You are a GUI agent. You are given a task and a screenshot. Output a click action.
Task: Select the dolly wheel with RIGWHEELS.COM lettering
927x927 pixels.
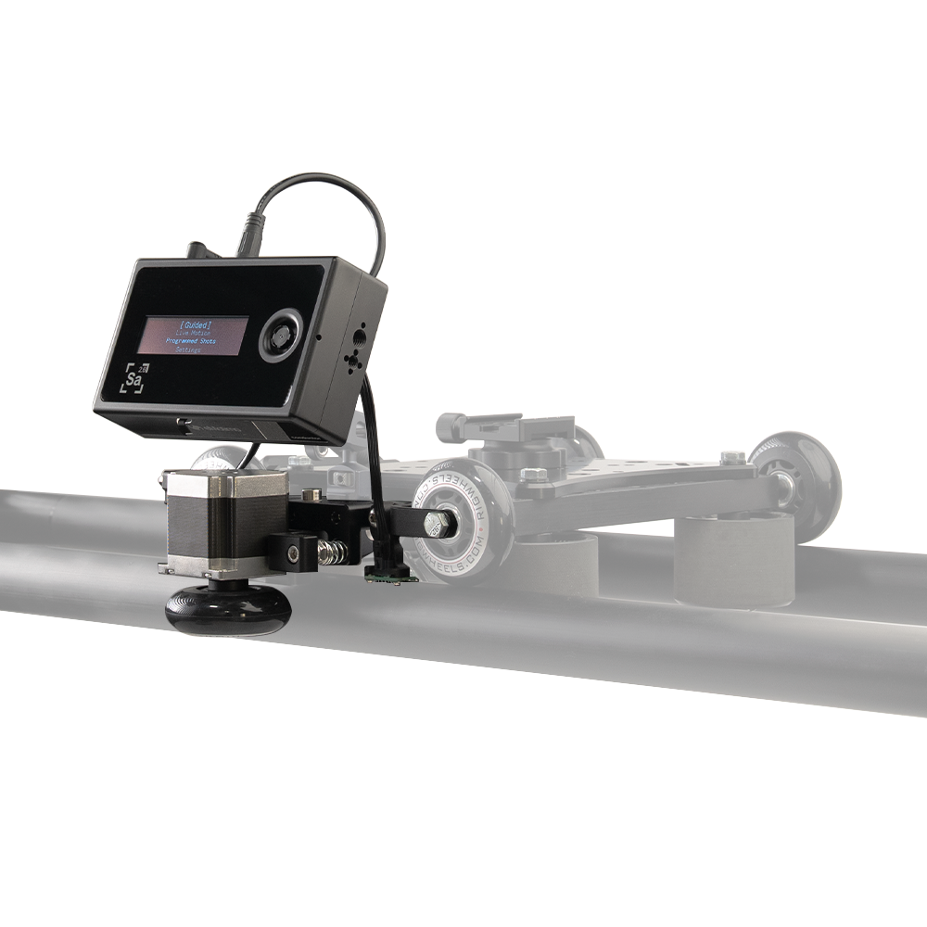(x=463, y=520)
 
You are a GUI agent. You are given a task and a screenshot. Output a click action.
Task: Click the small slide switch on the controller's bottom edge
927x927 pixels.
(x=181, y=424)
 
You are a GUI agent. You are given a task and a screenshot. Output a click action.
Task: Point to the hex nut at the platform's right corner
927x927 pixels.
(x=733, y=457)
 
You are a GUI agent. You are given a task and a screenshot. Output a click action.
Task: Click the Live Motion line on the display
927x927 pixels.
(x=193, y=333)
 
